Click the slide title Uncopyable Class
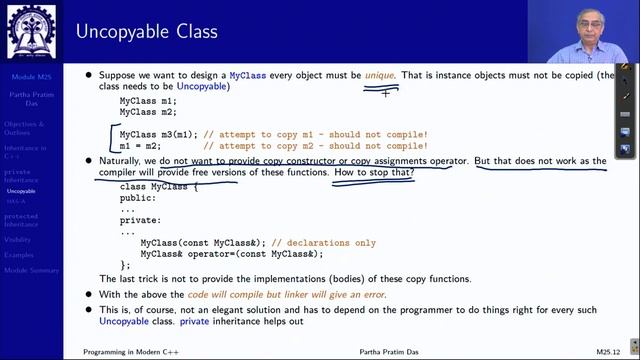point(146,31)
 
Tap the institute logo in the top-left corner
point(31,31)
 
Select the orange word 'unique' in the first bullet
point(380,75)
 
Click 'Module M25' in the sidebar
point(30,76)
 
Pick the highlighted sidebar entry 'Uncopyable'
point(21,191)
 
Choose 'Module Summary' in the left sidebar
point(31,270)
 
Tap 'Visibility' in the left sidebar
point(18,240)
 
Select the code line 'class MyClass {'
point(160,187)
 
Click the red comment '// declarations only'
point(324,243)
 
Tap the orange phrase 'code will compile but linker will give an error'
point(290,294)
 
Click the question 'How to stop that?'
point(374,172)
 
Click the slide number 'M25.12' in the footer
point(610,352)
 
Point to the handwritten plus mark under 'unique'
point(384,93)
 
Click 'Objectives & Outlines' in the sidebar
point(24,128)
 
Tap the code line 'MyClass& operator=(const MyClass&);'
point(230,254)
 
